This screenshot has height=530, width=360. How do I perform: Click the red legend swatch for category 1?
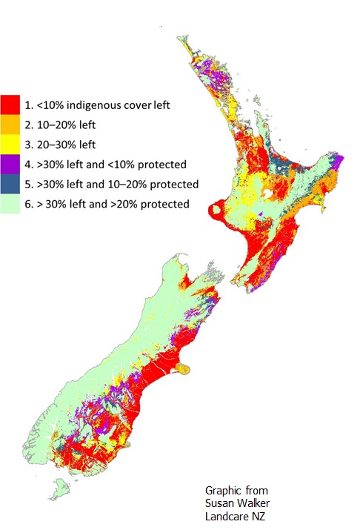10,105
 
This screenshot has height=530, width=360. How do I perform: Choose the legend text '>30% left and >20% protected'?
111,203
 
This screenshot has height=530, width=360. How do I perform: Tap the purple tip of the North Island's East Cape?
339,160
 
